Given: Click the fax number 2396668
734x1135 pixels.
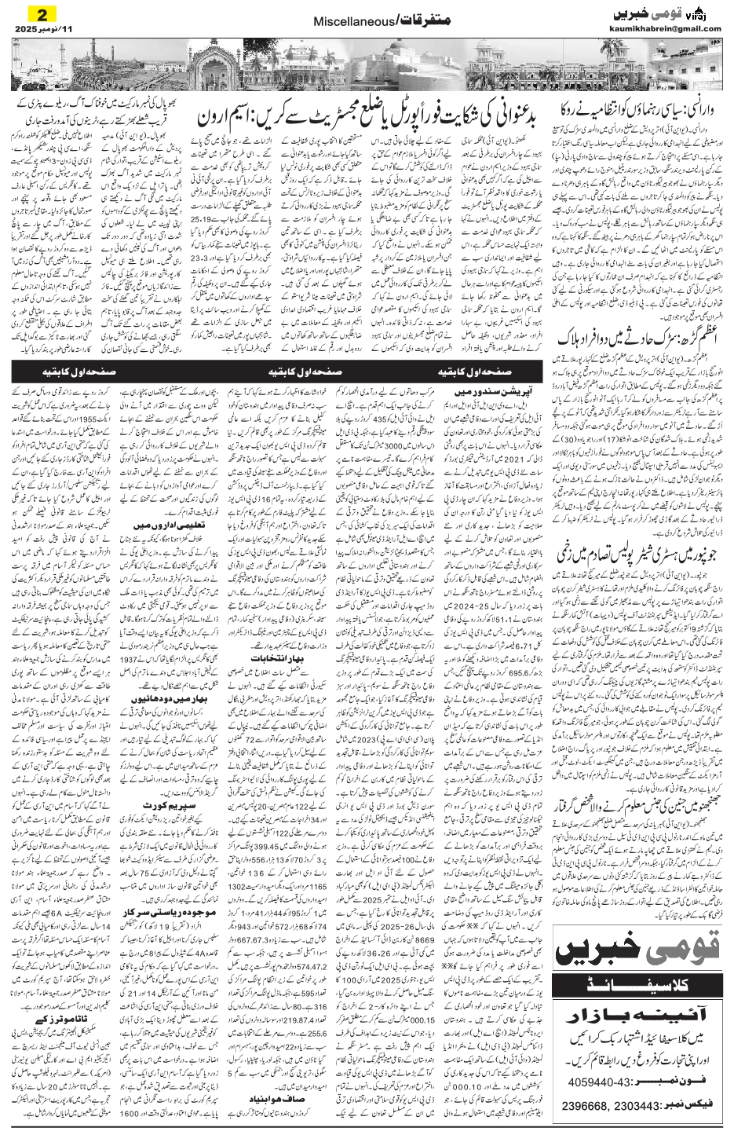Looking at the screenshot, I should [x=590, y=1106].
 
